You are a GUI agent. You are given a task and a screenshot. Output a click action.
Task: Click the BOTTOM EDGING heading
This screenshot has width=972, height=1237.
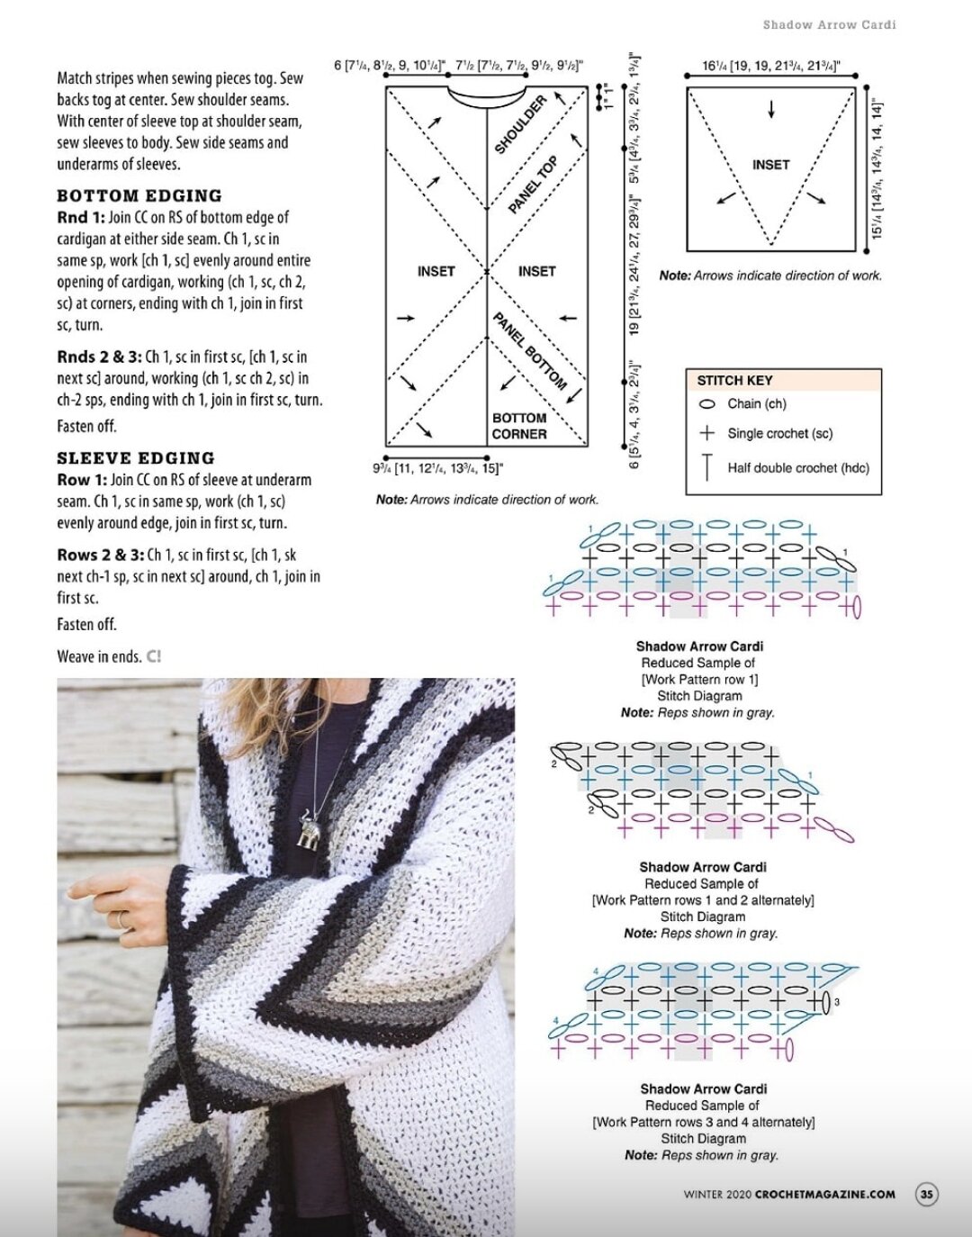[139, 195]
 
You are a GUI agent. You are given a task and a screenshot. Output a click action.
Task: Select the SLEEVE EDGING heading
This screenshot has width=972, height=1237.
[135, 457]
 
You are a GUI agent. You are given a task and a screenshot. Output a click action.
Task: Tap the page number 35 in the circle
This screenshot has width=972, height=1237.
[926, 1195]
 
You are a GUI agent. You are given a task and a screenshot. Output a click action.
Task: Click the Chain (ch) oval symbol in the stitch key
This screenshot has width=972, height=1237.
[706, 404]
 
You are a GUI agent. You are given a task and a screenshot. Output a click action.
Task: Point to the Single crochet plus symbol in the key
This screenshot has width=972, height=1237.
[707, 433]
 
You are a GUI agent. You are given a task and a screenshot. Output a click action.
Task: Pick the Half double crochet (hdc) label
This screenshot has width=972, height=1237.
[797, 467]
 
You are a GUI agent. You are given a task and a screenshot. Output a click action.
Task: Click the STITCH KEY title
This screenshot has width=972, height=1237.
[734, 380]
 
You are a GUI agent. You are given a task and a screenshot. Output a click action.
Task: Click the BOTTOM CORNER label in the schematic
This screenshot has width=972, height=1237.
[518, 426]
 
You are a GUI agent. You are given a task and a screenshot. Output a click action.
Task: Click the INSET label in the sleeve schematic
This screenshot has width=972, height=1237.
[770, 165]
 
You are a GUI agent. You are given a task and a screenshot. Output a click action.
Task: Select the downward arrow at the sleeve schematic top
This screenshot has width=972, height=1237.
[771, 110]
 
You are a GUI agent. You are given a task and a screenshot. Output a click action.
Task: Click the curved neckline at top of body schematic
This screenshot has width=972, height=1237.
[487, 97]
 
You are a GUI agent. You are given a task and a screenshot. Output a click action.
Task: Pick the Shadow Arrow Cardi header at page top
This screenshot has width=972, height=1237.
[829, 25]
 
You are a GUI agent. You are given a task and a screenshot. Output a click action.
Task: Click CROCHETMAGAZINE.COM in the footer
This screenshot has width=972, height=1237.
[824, 1195]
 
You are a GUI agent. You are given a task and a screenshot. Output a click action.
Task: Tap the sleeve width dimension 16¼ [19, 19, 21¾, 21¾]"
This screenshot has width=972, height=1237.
[770, 66]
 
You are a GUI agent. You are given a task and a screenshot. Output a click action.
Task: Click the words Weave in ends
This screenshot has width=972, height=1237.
[98, 656]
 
